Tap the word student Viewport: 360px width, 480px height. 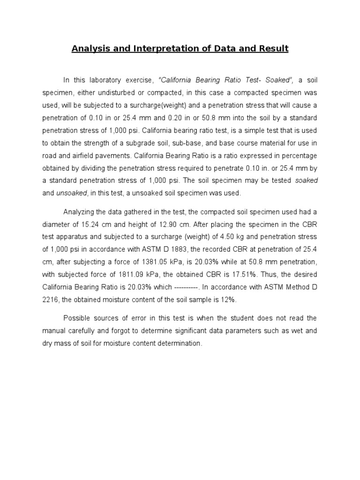click(239, 318)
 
